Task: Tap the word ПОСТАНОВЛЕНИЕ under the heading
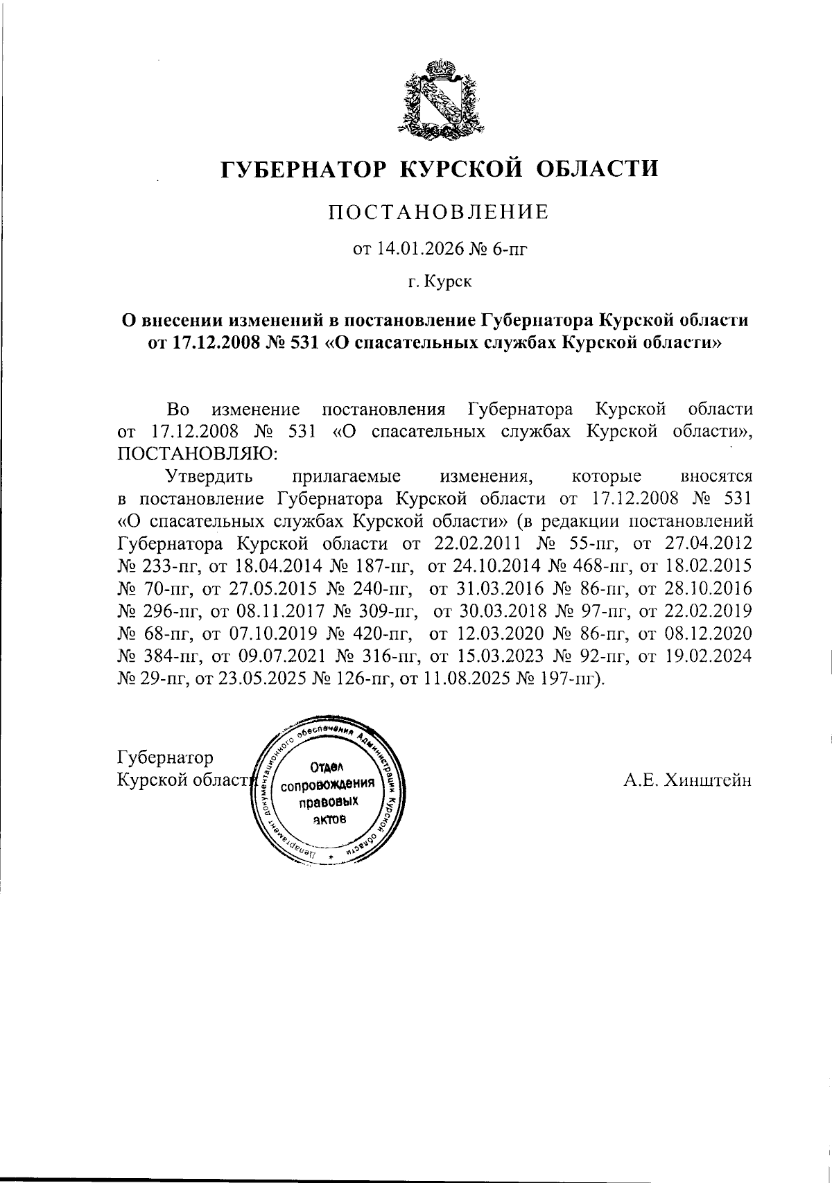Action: (437, 212)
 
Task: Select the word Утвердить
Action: (209, 476)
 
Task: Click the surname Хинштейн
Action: (708, 780)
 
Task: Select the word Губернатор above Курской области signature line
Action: (166, 757)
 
